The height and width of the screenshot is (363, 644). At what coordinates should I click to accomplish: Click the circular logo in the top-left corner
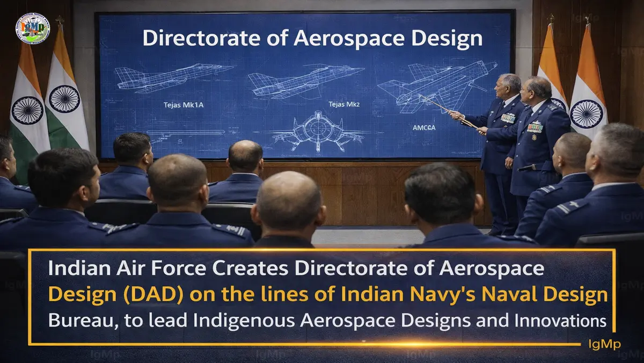point(33,28)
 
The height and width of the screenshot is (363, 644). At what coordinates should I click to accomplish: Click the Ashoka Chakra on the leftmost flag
point(27,110)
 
